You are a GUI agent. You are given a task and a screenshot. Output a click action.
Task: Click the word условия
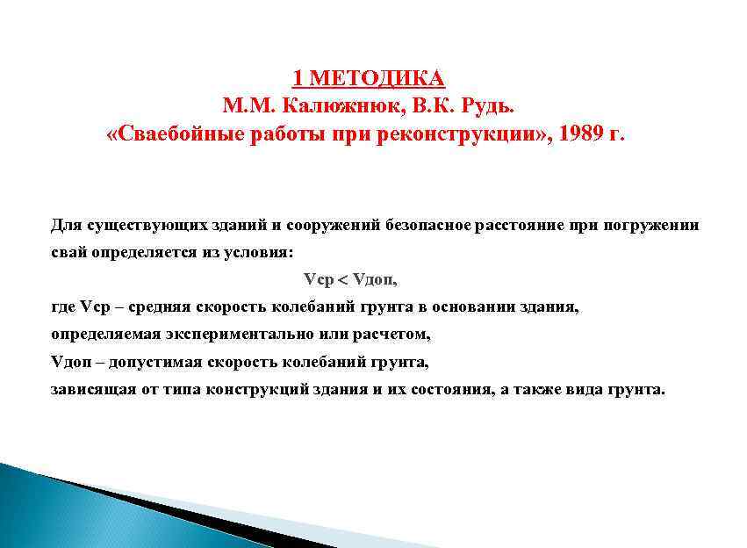257,252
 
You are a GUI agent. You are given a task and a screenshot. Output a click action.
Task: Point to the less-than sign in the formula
342,280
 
